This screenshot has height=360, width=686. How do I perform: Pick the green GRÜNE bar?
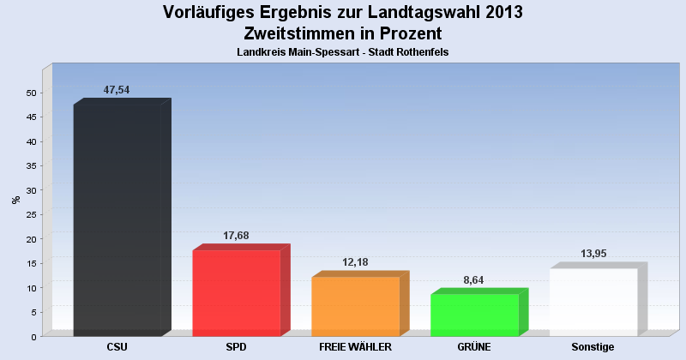[474, 315]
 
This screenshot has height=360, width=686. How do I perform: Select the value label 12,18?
[354, 262]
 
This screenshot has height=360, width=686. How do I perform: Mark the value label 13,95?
[593, 254]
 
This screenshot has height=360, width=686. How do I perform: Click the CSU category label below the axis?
[117, 347]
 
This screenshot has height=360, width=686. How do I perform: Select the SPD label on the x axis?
[237, 347]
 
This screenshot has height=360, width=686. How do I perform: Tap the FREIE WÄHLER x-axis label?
[355, 347]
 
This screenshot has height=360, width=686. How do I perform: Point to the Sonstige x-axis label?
[593, 347]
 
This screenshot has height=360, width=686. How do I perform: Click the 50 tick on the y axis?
[31, 93]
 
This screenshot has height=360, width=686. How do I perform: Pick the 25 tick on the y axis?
[31, 214]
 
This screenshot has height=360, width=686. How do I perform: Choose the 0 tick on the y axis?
[33, 337]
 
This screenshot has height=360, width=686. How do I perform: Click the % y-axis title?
[15, 200]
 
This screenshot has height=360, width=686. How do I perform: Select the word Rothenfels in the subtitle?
[421, 52]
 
